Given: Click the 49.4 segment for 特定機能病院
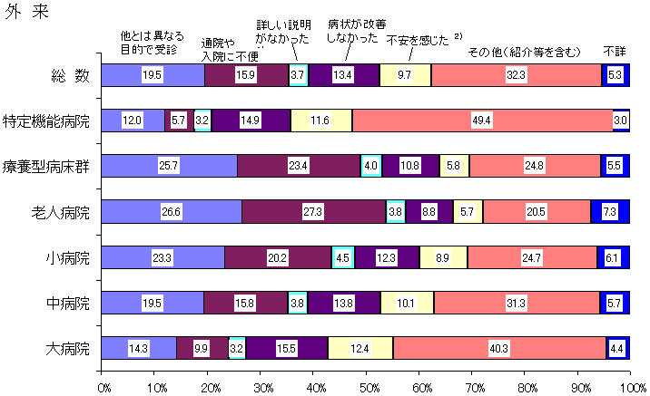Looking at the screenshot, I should tap(482, 120).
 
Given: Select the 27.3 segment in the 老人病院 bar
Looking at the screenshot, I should tap(313, 212).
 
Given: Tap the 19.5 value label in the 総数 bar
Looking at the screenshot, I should tap(153, 74).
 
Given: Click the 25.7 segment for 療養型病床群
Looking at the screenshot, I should tap(169, 166).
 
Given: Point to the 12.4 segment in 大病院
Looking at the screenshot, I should tap(360, 348).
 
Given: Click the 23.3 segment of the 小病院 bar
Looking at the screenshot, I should tap(162, 257).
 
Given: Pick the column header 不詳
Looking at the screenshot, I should tap(615, 52).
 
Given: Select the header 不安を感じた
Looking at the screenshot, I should tap(419, 40).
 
